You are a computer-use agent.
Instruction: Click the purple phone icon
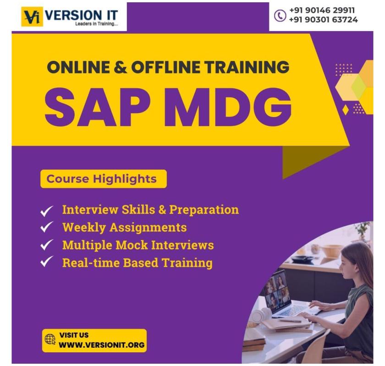280,15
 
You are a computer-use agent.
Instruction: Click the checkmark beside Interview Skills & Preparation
48,210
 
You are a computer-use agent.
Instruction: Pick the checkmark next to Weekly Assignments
48,228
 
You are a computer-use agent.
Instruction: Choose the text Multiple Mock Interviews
138,245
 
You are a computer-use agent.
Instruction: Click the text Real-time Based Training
137,263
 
